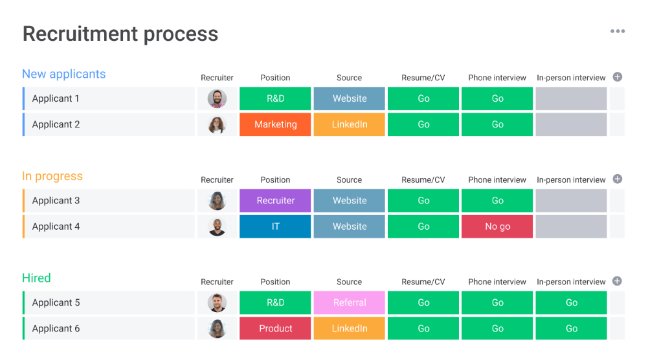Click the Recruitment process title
[120, 34]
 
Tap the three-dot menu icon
[617, 31]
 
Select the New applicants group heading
[63, 74]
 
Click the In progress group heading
[52, 176]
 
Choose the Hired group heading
[36, 278]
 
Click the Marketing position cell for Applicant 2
[275, 124]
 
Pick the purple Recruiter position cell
[275, 201]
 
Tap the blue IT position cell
[275, 227]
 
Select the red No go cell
[497, 227]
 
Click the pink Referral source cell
[350, 302]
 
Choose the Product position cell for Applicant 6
[275, 328]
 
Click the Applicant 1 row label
[56, 98]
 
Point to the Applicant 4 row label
[56, 227]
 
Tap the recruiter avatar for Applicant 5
[217, 302]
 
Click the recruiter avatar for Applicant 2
[217, 124]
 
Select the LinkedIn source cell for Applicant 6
[350, 328]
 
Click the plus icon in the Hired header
[617, 281]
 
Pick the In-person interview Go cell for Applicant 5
[571, 302]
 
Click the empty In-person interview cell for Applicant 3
[571, 201]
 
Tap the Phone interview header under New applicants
[497, 78]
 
